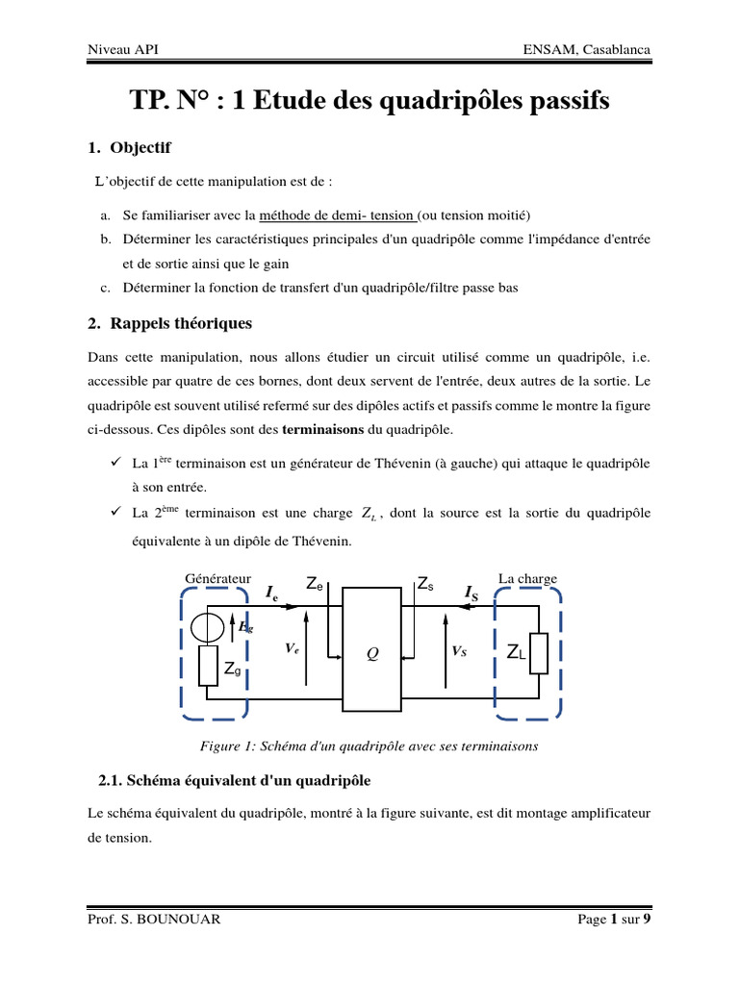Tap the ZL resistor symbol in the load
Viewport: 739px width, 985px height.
[x=538, y=653]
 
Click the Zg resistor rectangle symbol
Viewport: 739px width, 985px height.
[x=209, y=666]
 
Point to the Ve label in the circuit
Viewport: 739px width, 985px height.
[x=293, y=649]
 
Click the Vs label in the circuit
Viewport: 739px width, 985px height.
[x=459, y=650]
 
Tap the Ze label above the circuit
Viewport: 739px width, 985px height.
[x=315, y=583]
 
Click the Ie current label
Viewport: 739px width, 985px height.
[x=273, y=593]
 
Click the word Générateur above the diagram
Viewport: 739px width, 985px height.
[x=217, y=578]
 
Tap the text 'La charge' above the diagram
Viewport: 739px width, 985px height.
[x=527, y=578]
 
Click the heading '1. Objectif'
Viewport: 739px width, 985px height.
[x=129, y=148]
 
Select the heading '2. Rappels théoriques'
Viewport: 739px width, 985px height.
[x=169, y=323]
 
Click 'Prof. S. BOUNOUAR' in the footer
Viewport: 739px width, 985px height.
[x=154, y=919]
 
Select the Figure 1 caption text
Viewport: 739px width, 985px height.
[x=369, y=745]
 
